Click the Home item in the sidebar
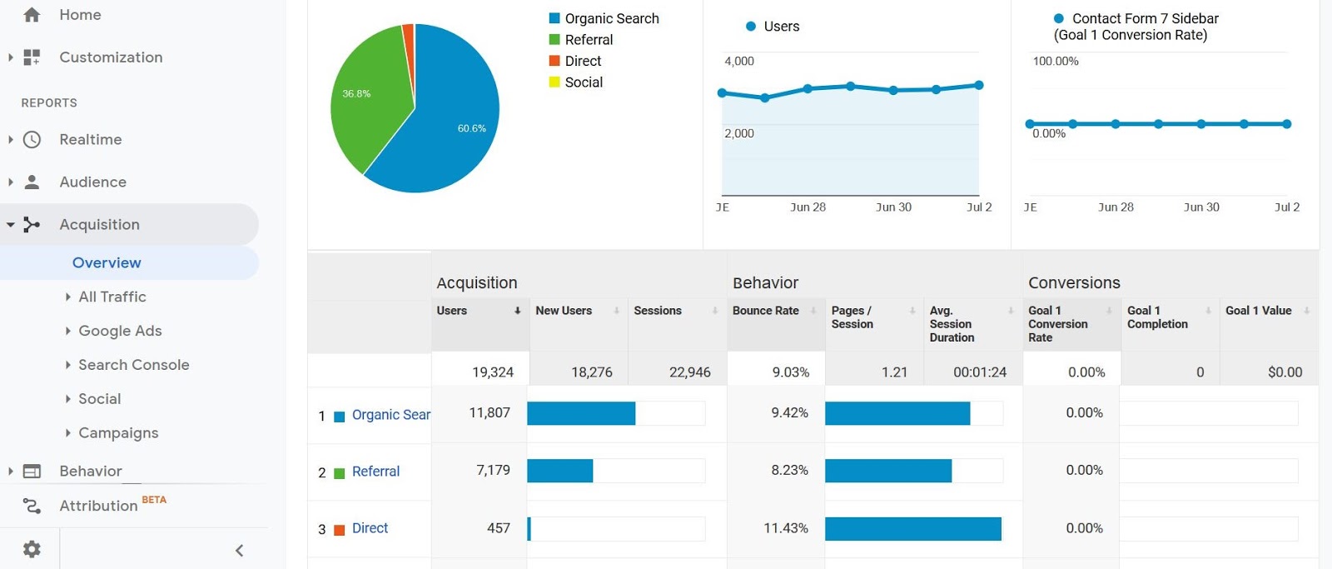point(79,15)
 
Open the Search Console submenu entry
point(133,365)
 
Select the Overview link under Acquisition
point(107,262)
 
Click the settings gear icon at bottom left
point(32,549)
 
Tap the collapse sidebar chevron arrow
point(239,550)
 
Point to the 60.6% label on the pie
point(471,128)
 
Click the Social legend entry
point(583,82)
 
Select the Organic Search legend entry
point(611,18)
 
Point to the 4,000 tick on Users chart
point(739,62)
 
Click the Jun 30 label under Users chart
point(893,207)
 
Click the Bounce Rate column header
point(765,311)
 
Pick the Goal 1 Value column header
point(1258,311)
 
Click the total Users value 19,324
point(492,372)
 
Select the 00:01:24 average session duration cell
point(979,372)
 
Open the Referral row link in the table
point(375,472)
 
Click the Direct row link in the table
point(370,528)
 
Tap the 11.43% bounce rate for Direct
point(785,528)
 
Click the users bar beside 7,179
point(559,471)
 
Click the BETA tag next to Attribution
point(154,500)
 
